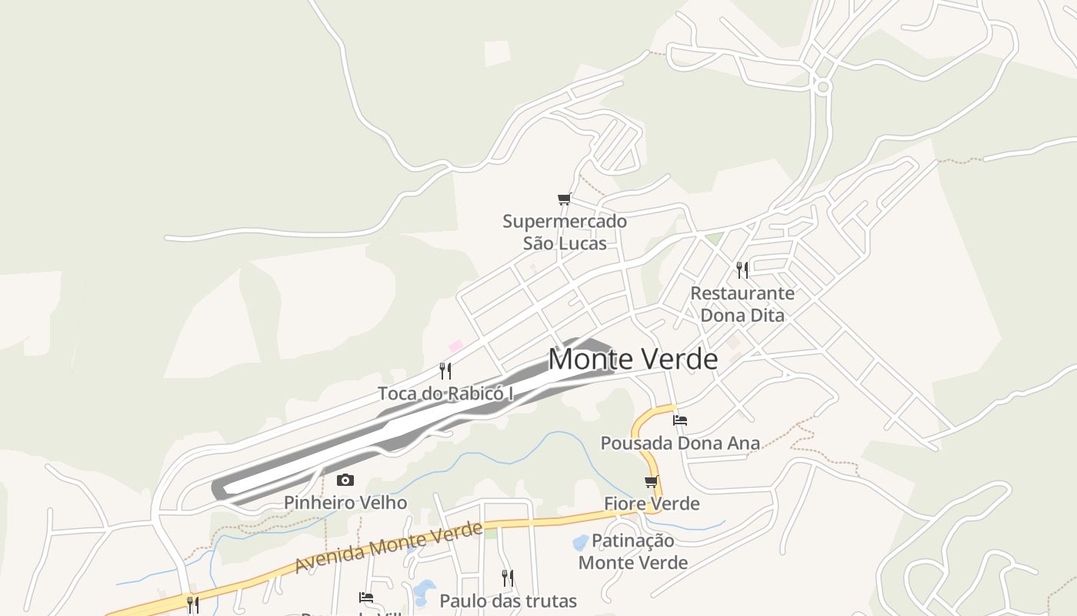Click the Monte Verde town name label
[x=632, y=360]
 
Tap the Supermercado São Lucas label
[x=565, y=233]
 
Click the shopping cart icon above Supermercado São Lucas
[x=565, y=199]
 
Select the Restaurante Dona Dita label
[x=742, y=304]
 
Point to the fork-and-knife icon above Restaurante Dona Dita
[x=742, y=269]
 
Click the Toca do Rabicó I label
[x=445, y=393]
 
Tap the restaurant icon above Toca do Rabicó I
[x=445, y=371]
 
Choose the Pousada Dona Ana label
[x=680, y=444]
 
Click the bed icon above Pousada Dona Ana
[x=680, y=420]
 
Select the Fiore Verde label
[x=652, y=504]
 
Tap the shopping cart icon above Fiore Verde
[x=652, y=482]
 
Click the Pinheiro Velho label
[x=345, y=503]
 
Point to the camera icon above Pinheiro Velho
[x=345, y=480]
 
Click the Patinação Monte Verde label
[x=633, y=551]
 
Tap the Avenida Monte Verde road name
[x=388, y=547]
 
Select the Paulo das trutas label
[x=508, y=601]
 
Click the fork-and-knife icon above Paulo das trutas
[x=508, y=577]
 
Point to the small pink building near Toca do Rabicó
[x=456, y=346]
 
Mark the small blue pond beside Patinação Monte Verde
[x=581, y=543]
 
